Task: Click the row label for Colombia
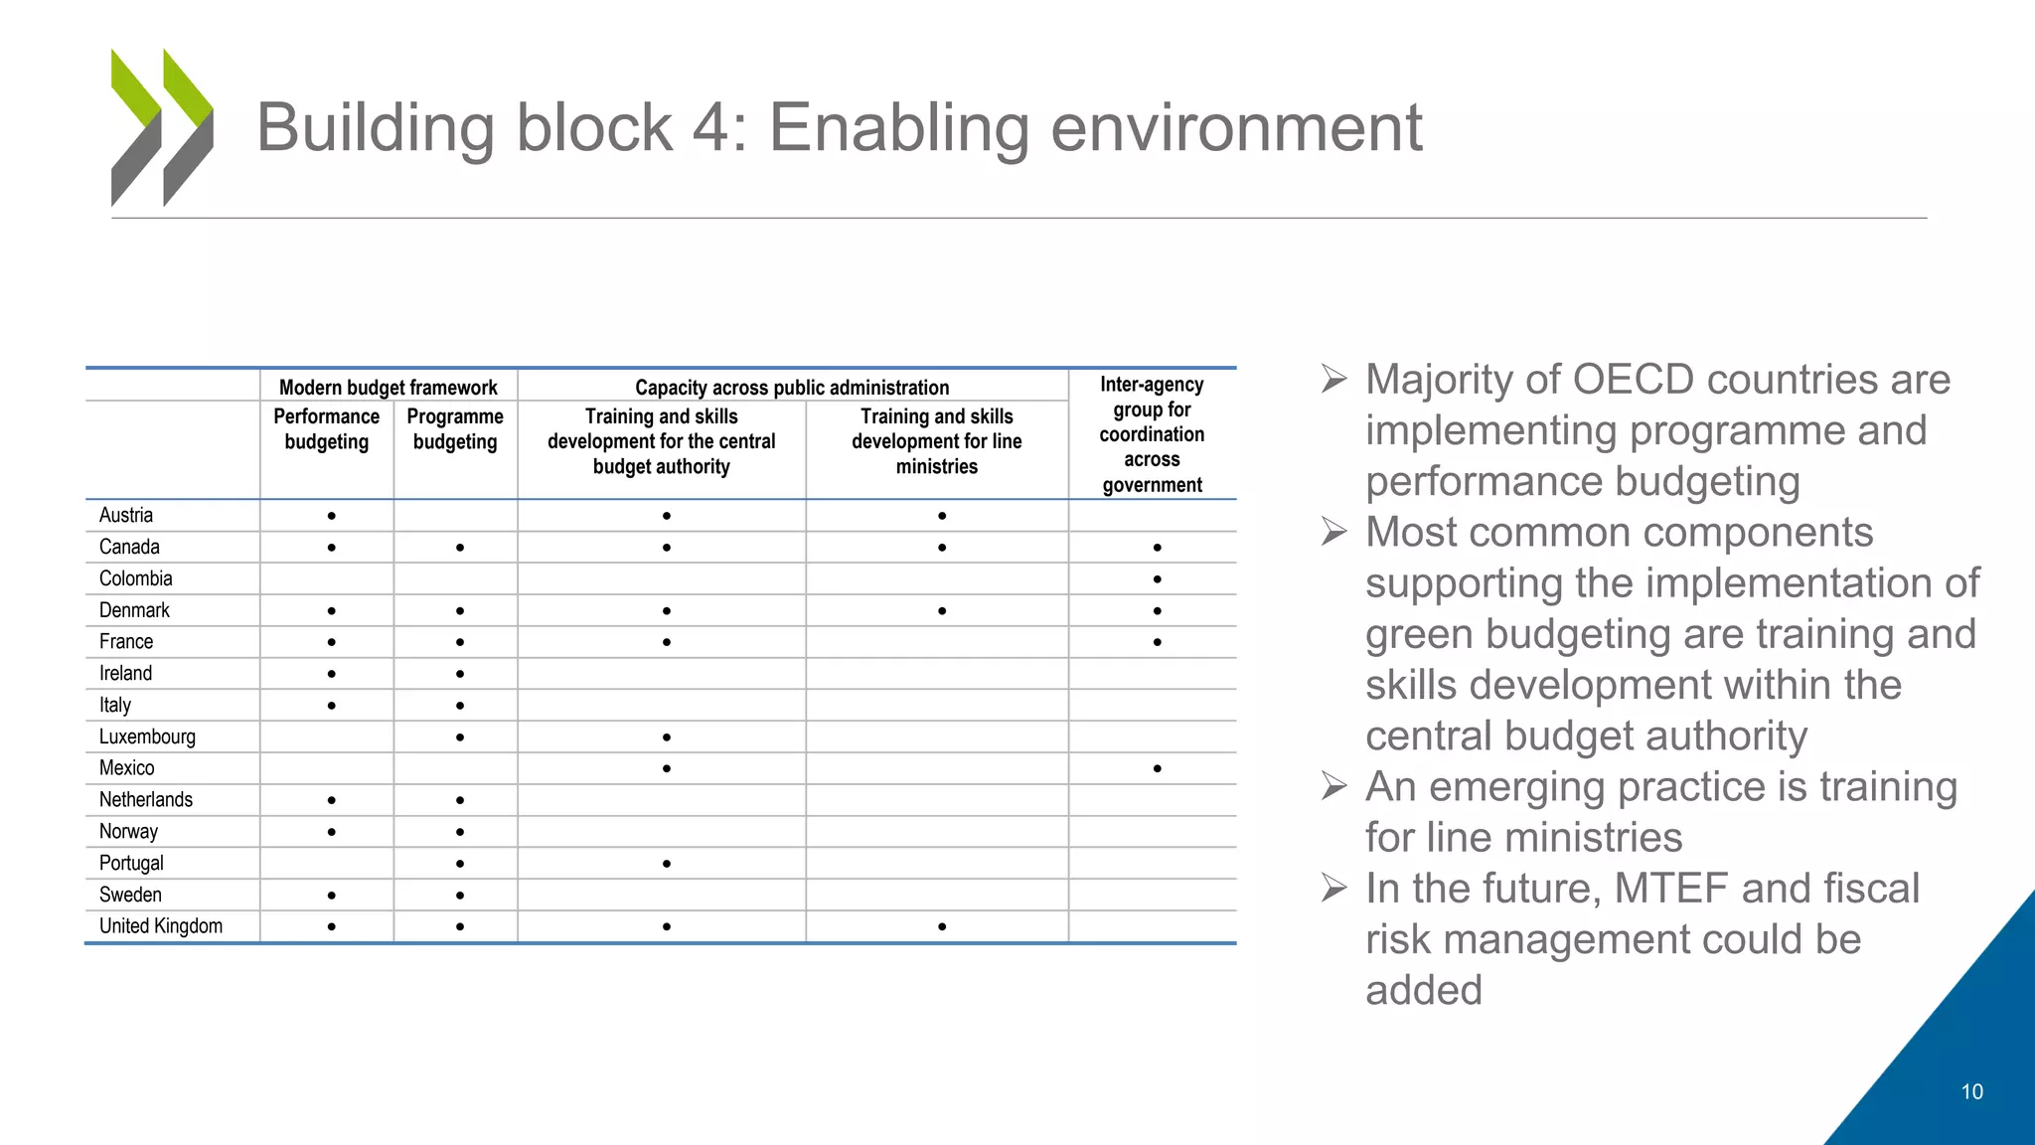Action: (x=136, y=578)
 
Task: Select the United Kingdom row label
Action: (x=161, y=926)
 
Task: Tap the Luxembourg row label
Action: (x=147, y=736)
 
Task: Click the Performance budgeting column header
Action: (x=327, y=429)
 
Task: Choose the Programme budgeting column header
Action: (x=455, y=429)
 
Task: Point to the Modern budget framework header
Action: (x=388, y=388)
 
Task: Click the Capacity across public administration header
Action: (x=792, y=388)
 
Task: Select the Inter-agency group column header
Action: (x=1152, y=434)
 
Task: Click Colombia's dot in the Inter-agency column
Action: (x=1158, y=579)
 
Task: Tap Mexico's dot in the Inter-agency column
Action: (x=1158, y=769)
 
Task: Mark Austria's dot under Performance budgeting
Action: (x=332, y=516)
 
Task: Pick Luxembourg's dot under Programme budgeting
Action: (x=460, y=737)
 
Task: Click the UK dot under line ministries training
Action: (x=942, y=927)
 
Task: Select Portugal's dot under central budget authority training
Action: (x=667, y=864)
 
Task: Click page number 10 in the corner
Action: (x=1971, y=1092)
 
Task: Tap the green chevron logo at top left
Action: (x=162, y=127)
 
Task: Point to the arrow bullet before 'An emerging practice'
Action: (x=1334, y=787)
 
